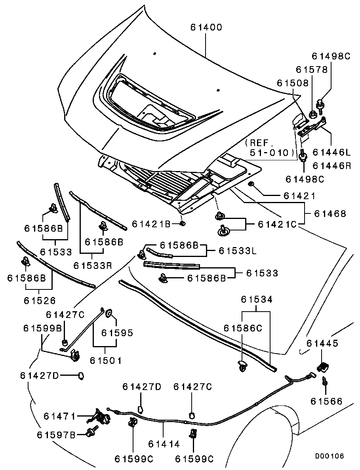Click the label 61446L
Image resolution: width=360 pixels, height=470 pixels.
pyautogui.click(x=332, y=152)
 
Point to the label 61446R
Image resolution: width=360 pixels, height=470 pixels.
pyautogui.click(x=332, y=166)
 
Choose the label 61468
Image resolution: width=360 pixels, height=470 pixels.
pyautogui.click(x=330, y=214)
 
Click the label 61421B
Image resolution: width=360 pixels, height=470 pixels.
pyautogui.click(x=151, y=224)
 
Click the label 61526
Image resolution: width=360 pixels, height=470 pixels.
pyautogui.click(x=40, y=301)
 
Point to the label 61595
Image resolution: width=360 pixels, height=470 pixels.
pyautogui.click(x=117, y=333)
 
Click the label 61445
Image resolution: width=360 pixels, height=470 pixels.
pyautogui.click(x=322, y=343)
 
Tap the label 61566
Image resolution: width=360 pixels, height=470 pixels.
pyautogui.click(x=326, y=401)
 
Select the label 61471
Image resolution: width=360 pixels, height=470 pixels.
pyautogui.click(x=59, y=416)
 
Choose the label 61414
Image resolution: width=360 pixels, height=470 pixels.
pyautogui.click(x=164, y=444)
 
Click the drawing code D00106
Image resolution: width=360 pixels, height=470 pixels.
pyautogui.click(x=330, y=456)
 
